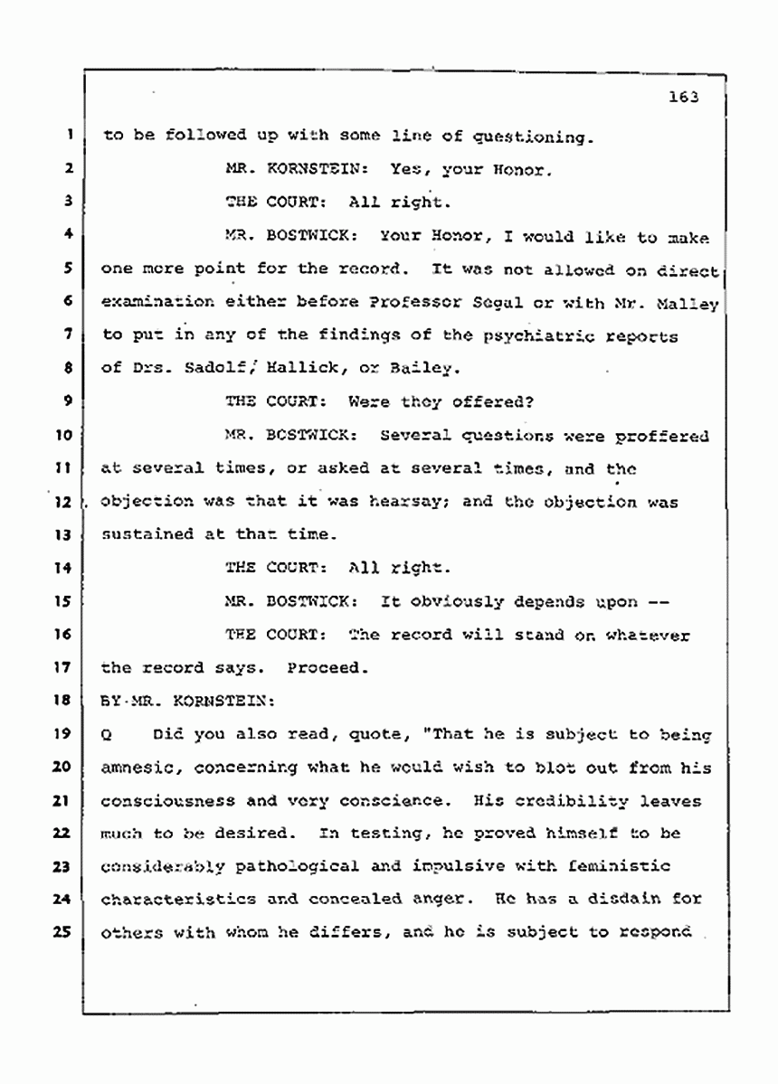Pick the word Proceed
coord(327,669)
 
